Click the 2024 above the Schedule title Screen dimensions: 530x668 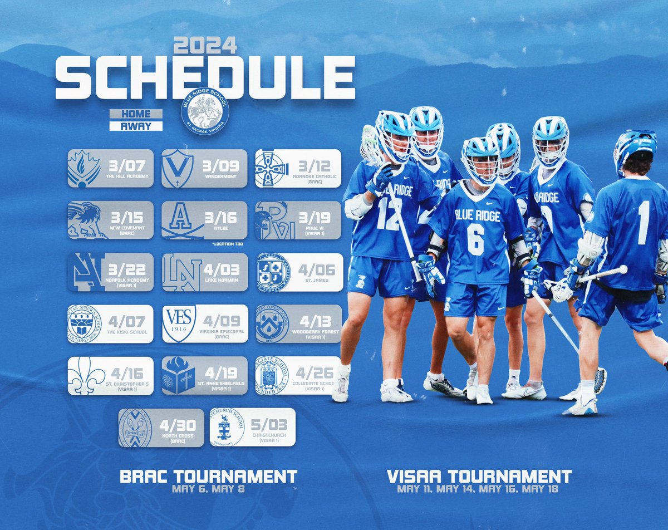pyautogui.click(x=205, y=45)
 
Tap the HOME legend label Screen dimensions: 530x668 pyautogui.click(x=136, y=114)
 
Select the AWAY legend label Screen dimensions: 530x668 pyautogui.click(x=136, y=126)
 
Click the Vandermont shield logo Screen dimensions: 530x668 pyautogui.click(x=178, y=168)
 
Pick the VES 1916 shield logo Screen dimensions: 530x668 pyautogui.click(x=179, y=323)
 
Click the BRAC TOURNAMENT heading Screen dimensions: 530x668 pyautogui.click(x=209, y=477)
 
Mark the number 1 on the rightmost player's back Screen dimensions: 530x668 pyautogui.click(x=644, y=215)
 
